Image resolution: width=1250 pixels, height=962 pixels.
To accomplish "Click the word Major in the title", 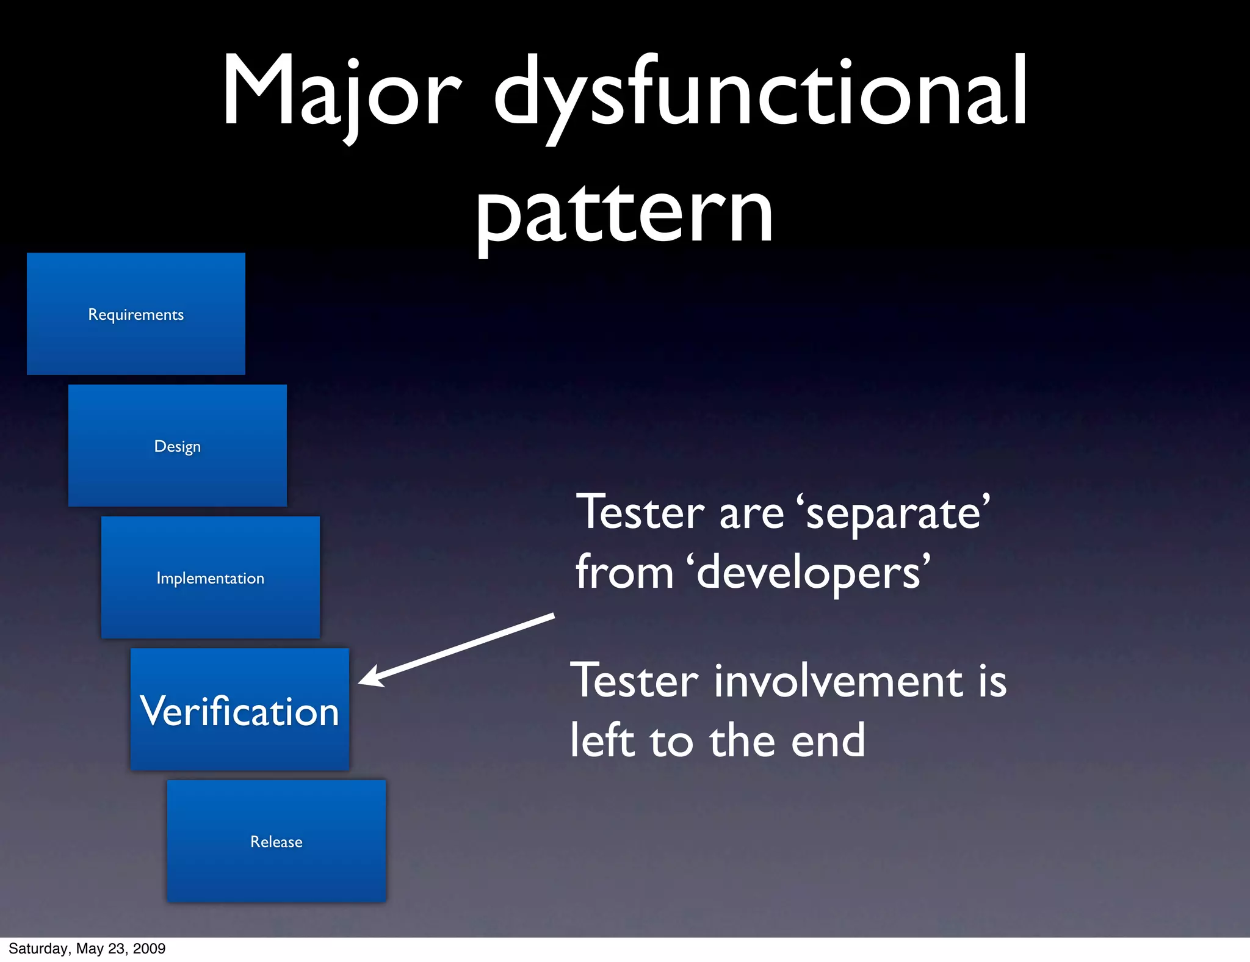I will click(341, 92).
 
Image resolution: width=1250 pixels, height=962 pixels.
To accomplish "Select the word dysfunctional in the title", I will click(760, 92).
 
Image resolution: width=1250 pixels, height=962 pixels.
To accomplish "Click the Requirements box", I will click(136, 314).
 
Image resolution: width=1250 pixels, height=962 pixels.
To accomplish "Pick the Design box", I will click(178, 446).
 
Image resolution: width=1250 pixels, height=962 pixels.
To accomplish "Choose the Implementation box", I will click(211, 577).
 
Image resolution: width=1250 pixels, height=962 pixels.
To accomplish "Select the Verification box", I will click(240, 709).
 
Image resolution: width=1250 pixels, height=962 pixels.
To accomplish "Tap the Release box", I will click(276, 841).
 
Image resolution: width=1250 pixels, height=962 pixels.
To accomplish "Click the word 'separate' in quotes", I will click(894, 513).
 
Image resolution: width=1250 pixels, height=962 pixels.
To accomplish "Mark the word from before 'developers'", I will click(624, 573).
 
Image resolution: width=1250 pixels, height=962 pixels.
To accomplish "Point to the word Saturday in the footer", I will click(38, 949).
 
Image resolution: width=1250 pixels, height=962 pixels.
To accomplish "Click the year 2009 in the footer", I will click(150, 949).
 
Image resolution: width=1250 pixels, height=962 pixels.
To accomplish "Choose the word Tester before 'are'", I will click(641, 513).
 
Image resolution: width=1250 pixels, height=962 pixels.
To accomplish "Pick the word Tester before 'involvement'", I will click(635, 681).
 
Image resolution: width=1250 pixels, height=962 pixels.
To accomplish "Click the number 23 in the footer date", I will click(116, 949).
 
